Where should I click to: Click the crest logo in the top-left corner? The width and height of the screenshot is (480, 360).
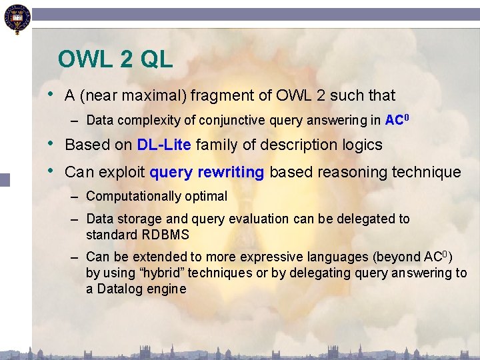(15, 18)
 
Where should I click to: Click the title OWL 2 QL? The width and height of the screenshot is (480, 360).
(115, 59)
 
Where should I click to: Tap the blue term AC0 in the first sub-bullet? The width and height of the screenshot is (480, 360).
(397, 120)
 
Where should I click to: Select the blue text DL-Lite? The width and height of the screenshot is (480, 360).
(164, 145)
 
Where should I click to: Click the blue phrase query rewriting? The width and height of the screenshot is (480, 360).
(207, 172)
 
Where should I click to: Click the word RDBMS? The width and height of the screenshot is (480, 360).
(165, 235)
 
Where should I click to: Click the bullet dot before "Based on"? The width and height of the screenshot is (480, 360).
(53, 144)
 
